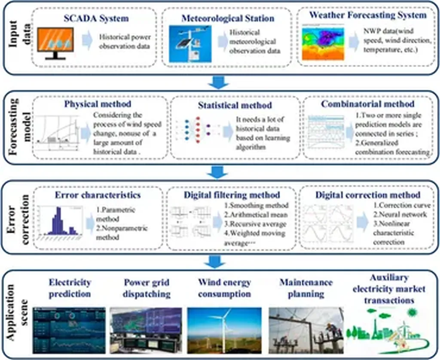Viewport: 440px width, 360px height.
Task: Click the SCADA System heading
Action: (96, 18)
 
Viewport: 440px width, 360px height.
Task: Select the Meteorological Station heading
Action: (228, 18)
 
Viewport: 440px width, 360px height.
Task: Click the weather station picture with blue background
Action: (190, 44)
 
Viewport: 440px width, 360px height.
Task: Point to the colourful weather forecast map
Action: (323, 42)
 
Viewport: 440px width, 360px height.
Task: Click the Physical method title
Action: (98, 104)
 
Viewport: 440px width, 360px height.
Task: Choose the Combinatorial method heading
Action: (368, 104)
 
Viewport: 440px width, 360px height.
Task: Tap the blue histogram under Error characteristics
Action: (59, 222)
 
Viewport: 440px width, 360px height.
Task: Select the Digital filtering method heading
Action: (232, 195)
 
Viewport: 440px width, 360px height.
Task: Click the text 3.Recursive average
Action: (255, 224)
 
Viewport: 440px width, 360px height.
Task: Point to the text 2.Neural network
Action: (400, 214)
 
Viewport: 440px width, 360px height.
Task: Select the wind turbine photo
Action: (224, 330)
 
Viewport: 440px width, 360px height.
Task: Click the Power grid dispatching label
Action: (147, 288)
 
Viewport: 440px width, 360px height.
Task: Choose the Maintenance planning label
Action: (306, 288)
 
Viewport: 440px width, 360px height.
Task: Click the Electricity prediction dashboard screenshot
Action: (69, 330)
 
